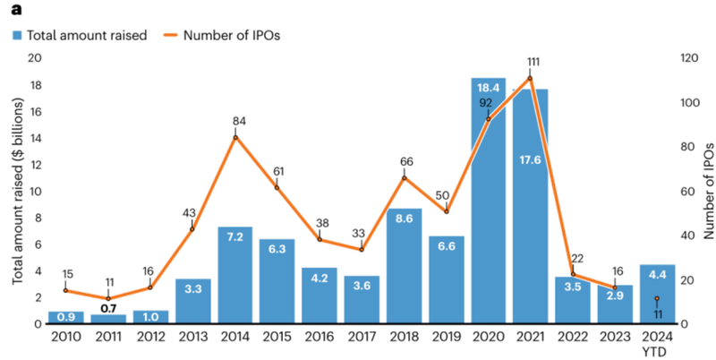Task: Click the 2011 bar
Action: coord(108,319)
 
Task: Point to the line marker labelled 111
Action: coord(530,78)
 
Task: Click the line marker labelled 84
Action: coord(235,137)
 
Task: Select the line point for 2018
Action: coord(404,177)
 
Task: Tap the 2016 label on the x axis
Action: coord(320,338)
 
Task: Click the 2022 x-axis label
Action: coord(573,338)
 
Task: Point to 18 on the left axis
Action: coord(35,86)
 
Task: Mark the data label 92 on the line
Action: coord(485,102)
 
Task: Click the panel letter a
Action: coord(16,10)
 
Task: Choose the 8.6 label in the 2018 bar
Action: coord(404,218)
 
